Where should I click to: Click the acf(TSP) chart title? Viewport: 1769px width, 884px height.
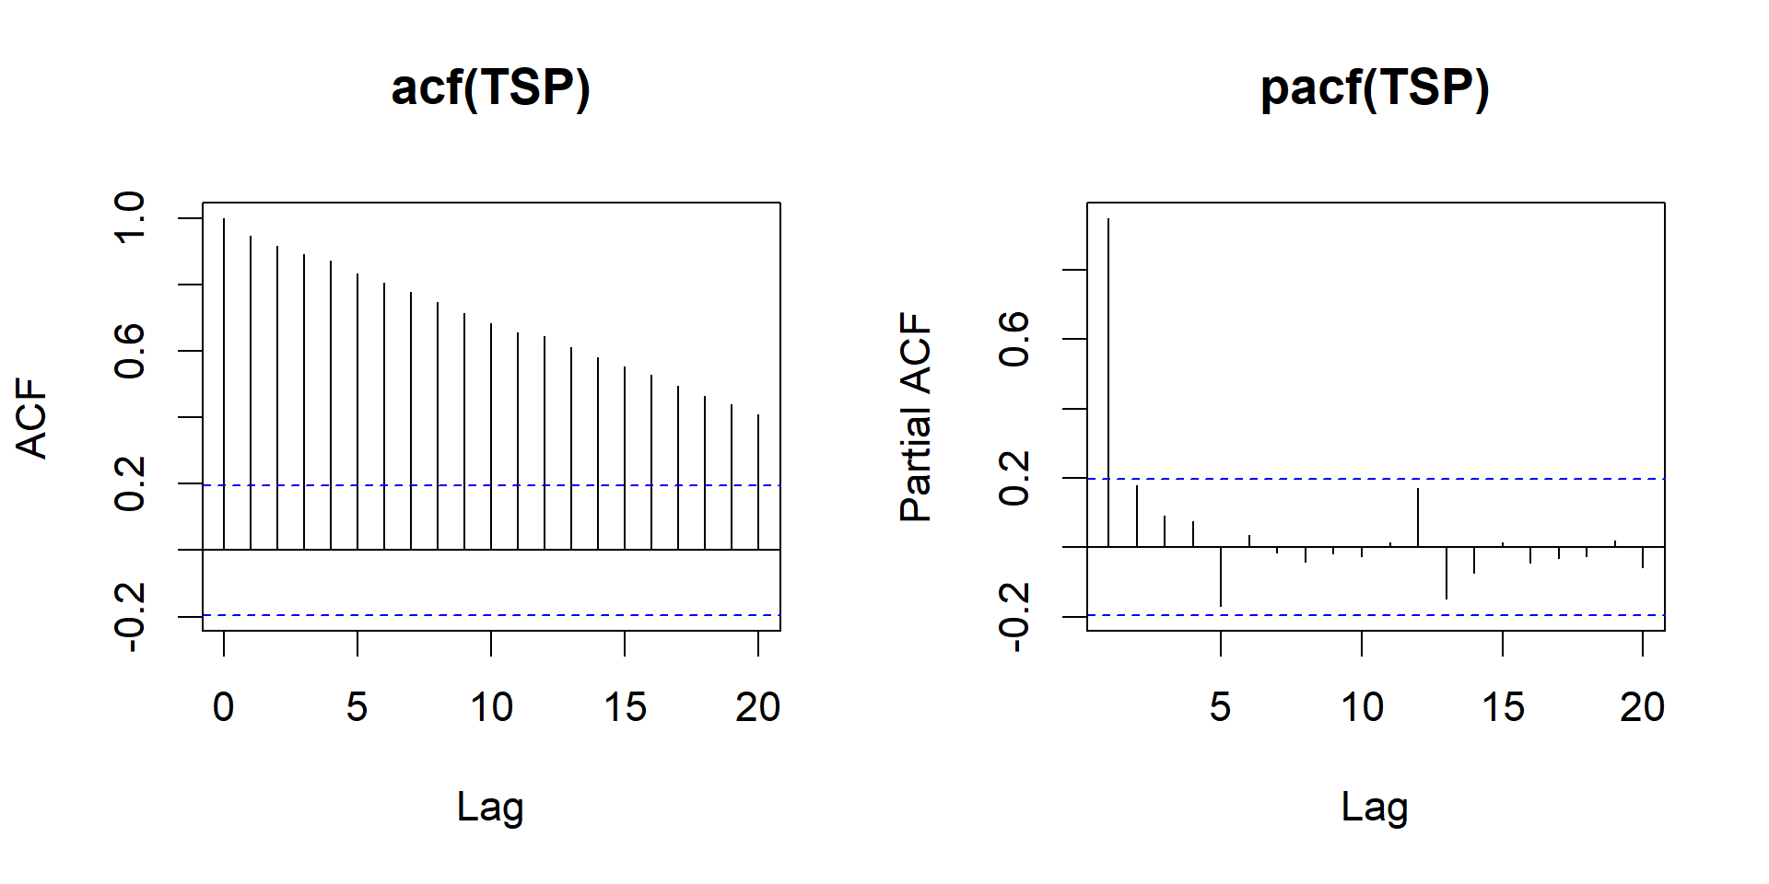point(490,89)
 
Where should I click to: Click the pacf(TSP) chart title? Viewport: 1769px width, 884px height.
point(1375,89)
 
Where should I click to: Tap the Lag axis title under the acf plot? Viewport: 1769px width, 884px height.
point(490,808)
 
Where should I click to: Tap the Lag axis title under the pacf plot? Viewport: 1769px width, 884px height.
point(1375,808)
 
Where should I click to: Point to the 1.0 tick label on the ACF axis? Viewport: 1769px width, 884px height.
point(130,218)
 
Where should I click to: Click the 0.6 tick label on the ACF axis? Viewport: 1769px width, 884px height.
point(130,351)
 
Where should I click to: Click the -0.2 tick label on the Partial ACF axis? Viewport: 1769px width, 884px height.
point(1014,616)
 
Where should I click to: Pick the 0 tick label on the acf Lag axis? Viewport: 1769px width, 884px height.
point(224,707)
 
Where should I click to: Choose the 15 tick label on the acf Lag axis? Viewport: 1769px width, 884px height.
point(625,707)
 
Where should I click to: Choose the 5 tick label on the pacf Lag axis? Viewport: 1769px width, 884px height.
point(1221,707)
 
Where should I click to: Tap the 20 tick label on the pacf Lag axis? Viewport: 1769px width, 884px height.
point(1643,707)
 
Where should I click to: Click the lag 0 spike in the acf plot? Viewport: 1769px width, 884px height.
point(224,387)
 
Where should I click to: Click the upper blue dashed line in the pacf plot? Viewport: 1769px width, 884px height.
point(1520,479)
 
